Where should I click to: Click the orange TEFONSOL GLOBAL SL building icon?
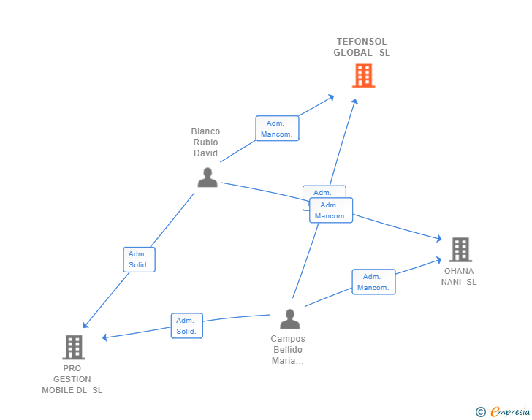[x=363, y=75]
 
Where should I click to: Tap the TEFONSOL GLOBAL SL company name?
[x=362, y=47]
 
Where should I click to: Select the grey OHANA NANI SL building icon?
[x=460, y=250]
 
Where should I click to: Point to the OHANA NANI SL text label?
[x=458, y=277]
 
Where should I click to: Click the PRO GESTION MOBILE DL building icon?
[x=74, y=347]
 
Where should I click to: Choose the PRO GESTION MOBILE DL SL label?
[x=72, y=379]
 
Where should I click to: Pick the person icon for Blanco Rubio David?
[x=208, y=177]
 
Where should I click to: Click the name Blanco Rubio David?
[x=206, y=142]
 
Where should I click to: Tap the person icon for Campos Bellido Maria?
[x=290, y=319]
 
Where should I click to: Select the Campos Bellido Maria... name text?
[x=288, y=350]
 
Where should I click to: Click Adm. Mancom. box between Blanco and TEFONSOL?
[x=277, y=129]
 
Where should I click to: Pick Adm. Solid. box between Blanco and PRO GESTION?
[x=139, y=259]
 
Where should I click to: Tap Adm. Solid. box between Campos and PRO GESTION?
[x=186, y=326]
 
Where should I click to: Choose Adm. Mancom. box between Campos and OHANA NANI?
[x=373, y=282]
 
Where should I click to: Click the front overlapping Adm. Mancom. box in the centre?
[x=331, y=210]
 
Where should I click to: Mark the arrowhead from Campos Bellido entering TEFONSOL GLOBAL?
[x=355, y=102]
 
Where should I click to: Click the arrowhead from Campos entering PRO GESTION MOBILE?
[x=104, y=337]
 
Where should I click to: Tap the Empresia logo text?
[x=510, y=412]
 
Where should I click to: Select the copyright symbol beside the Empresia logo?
[x=480, y=412]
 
